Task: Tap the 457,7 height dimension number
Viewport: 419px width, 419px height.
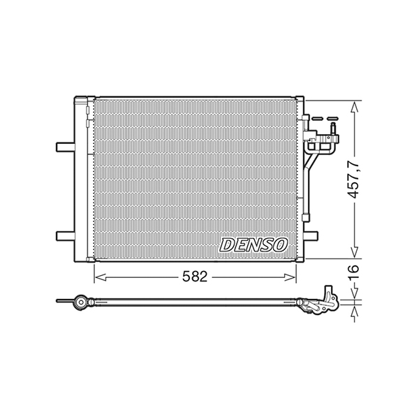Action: (355, 180)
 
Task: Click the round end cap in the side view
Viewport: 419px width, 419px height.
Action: (82, 302)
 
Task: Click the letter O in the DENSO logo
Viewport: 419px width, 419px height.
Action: (280, 244)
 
